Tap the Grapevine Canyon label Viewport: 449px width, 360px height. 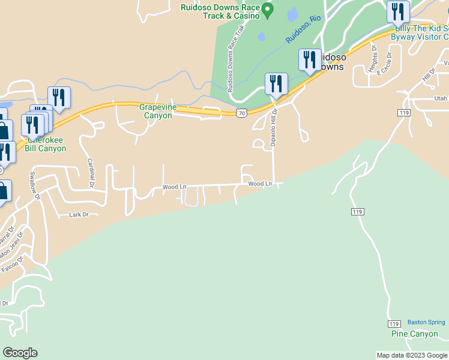pos(156,111)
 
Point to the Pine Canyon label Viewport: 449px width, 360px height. pos(414,334)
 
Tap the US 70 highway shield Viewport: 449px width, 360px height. pos(241,112)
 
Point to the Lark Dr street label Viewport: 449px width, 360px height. pos(79,214)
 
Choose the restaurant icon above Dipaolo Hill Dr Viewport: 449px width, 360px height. pos(276,84)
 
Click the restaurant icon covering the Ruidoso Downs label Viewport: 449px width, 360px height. pos(310,60)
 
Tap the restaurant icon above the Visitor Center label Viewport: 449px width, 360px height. pos(397,12)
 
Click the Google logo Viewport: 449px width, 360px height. pos(20,353)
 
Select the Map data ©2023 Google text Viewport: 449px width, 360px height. pos(412,355)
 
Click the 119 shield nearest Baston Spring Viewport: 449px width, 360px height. pos(394,324)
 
